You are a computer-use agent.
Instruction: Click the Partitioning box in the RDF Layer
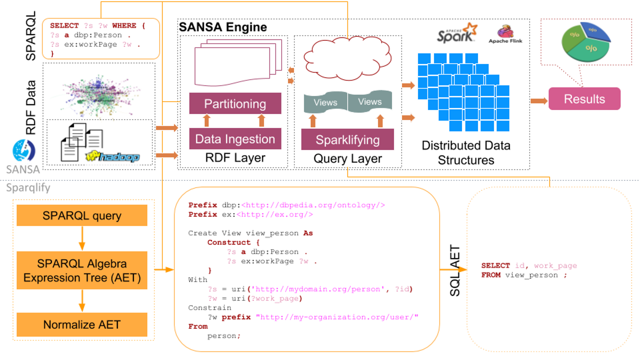pos(235,104)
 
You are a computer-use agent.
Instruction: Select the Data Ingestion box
pos(235,139)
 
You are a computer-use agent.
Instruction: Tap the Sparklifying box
pos(347,139)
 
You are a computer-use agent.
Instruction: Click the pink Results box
pos(584,99)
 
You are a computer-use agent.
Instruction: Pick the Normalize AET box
pos(82,324)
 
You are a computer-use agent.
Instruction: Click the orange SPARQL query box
pos(82,215)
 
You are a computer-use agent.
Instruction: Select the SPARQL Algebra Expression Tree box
pos(82,270)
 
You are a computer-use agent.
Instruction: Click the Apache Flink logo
pos(505,34)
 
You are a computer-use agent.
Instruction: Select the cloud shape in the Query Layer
pos(347,59)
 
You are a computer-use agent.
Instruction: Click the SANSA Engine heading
pos(223,27)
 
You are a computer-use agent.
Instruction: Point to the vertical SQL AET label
pos(454,270)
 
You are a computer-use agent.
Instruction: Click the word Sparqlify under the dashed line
pos(28,188)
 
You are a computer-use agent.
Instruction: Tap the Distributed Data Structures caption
pos(465,152)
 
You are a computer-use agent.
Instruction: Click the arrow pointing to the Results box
pos(538,101)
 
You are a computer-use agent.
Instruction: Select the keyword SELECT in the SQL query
pos(495,265)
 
